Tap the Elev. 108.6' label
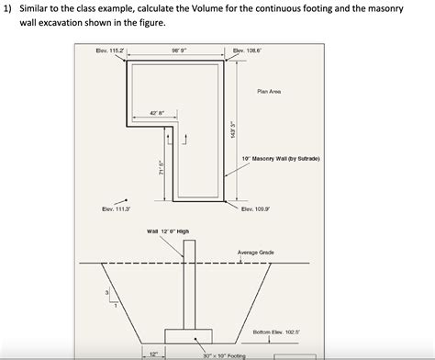pos(249,51)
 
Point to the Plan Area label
pos(269,91)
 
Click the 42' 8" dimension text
pos(157,114)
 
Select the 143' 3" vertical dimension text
pos(234,130)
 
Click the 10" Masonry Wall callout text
pos(281,158)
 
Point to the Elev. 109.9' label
pos(254,209)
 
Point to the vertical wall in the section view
pos(189,284)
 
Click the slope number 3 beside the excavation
pos(107,293)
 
